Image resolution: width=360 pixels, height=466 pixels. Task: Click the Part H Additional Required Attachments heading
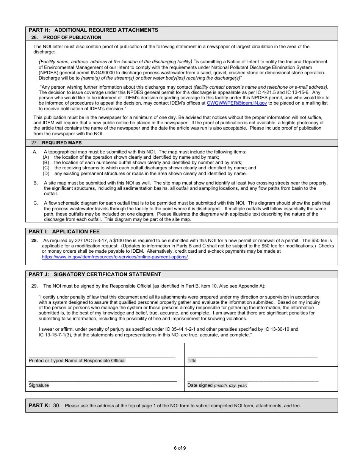(93, 30)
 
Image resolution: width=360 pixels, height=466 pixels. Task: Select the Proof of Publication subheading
(72, 38)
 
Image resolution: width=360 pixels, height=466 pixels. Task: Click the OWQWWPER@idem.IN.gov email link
(237, 103)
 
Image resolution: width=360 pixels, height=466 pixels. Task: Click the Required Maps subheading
(61, 143)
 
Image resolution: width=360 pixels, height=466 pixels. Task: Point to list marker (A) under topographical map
(46, 157)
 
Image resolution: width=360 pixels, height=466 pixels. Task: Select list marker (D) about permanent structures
(46, 174)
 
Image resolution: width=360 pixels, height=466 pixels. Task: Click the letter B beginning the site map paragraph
(36, 183)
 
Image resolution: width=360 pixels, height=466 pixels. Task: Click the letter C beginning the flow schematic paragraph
(36, 203)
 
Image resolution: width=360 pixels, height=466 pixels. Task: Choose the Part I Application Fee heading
(64, 231)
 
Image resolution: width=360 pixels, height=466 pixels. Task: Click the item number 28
(34, 241)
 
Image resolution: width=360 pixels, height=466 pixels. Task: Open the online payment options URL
(115, 257)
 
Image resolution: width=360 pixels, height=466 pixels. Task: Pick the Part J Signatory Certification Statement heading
(95, 274)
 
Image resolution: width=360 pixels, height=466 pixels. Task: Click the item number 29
(34, 286)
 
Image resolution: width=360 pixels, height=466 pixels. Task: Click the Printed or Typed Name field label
(77, 361)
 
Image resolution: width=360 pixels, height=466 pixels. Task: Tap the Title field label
(192, 361)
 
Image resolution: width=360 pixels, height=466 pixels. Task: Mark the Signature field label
(39, 385)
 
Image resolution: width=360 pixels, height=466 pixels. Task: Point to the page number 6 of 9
(180, 448)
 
